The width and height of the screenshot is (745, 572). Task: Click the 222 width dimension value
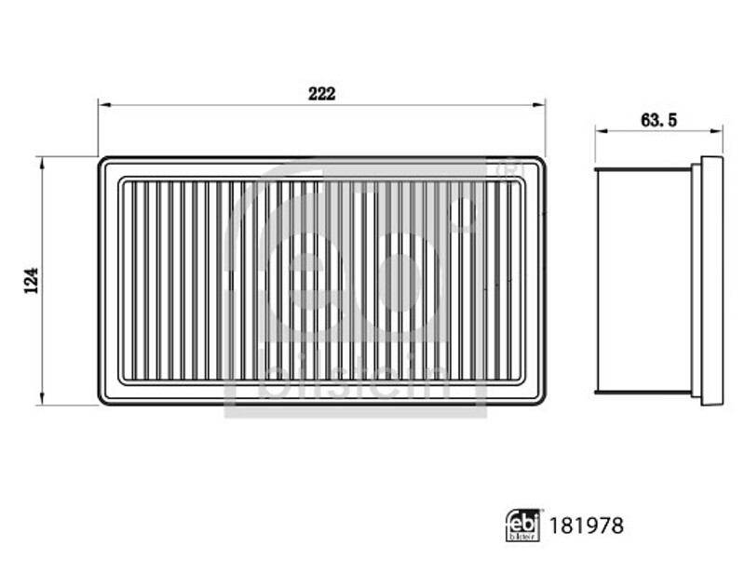[x=321, y=94]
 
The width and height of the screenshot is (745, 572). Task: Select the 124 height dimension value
[x=32, y=281]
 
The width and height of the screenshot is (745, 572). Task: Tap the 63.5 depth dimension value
[x=658, y=121]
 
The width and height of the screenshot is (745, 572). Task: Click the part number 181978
[x=586, y=525]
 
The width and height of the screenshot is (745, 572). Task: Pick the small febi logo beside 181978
[x=522, y=525]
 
